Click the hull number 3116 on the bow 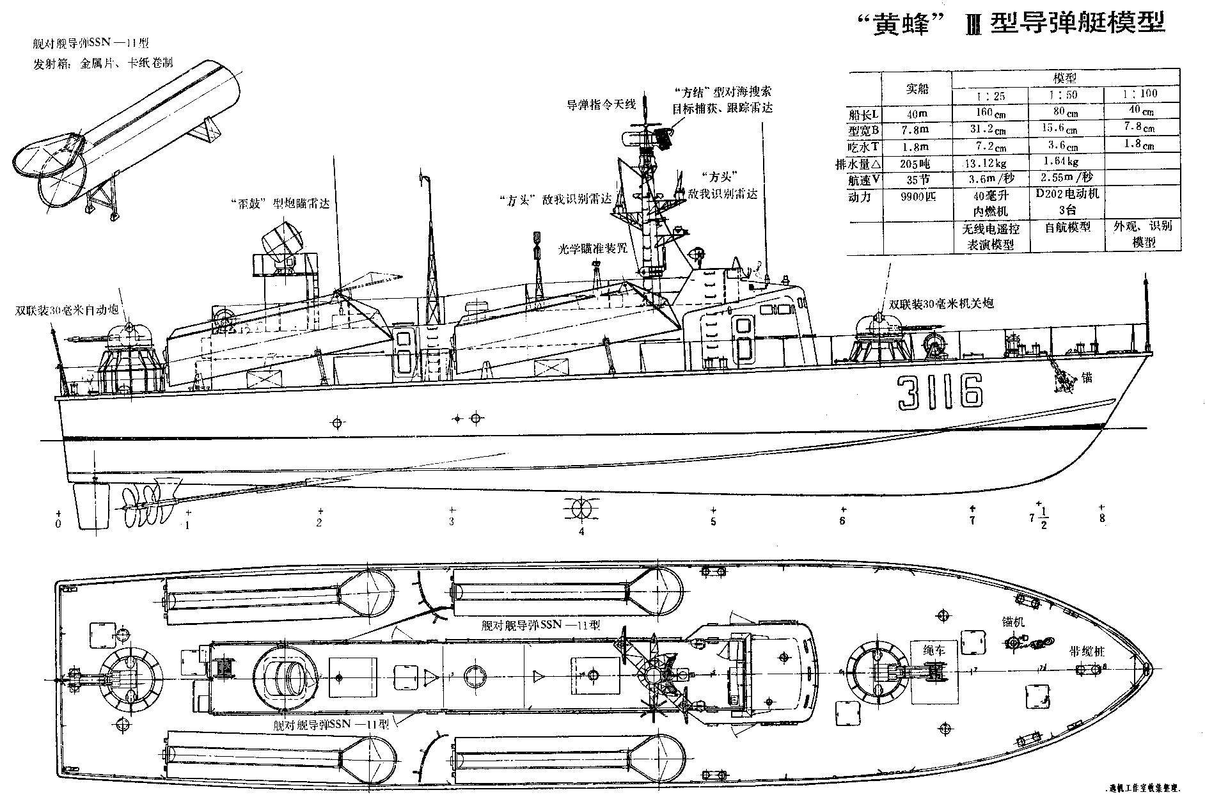939,391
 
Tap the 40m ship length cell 917,113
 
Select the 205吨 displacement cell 917,163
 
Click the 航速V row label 862,180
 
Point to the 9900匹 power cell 917,196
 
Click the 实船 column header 917,88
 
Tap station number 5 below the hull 713,521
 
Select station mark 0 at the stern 58,524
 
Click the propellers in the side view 146,496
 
